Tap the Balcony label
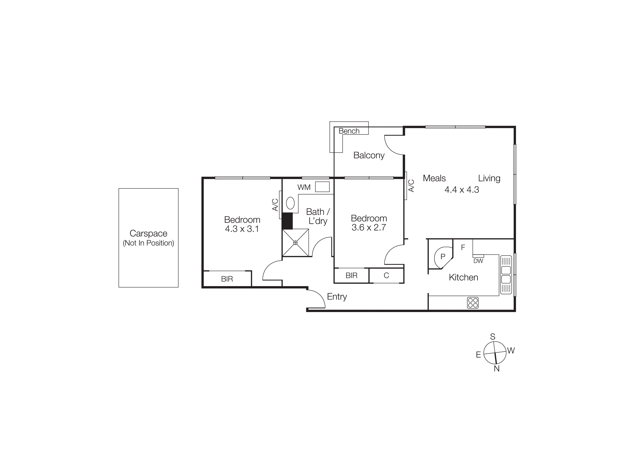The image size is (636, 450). click(x=369, y=155)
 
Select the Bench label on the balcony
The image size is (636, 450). click(x=349, y=131)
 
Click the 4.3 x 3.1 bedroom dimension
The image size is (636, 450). click(x=242, y=229)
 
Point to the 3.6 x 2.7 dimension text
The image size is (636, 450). click(x=369, y=228)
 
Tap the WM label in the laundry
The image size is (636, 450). click(x=304, y=188)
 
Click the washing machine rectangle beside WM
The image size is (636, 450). click(x=322, y=187)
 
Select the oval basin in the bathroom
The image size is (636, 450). click(x=290, y=203)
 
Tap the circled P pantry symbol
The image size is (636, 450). click(x=443, y=256)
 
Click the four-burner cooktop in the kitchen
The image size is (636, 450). click(x=473, y=303)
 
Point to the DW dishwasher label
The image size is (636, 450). click(x=478, y=261)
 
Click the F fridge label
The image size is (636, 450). click(x=463, y=247)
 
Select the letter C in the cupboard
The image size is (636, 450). click(x=386, y=275)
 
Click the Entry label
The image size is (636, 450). click(x=337, y=297)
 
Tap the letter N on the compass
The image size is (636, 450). click(x=496, y=368)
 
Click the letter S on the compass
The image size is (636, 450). click(x=493, y=337)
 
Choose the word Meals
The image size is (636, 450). click(x=434, y=178)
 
